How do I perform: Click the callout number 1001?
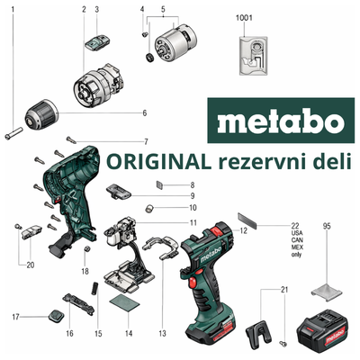tap(244, 18)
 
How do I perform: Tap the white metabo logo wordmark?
tap(281, 121)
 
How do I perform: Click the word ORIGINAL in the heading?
tap(159, 161)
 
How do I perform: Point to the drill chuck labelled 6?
tap(41, 115)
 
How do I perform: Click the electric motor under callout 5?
tap(175, 41)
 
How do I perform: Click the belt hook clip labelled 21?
tap(259, 333)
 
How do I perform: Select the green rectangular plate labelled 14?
tap(124, 302)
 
